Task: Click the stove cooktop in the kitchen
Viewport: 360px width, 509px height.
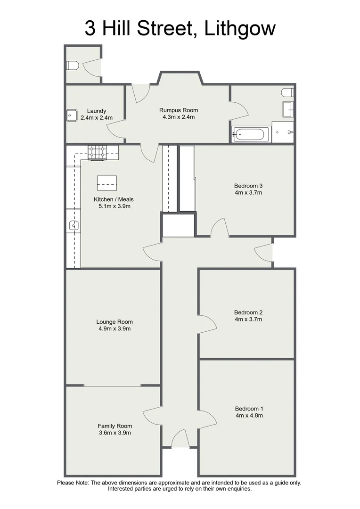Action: point(98,152)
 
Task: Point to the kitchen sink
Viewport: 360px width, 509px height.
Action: point(73,226)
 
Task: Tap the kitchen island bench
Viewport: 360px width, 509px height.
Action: point(106,181)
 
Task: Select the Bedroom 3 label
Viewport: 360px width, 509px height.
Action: point(248,185)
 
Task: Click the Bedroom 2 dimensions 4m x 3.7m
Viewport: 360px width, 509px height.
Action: point(248,319)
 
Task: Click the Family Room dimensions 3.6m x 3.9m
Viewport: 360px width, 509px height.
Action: point(115,432)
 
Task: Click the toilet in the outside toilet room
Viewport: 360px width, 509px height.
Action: point(72,65)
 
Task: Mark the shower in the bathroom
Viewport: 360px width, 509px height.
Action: point(283,131)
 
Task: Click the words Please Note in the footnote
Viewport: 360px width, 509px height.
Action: point(73,483)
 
